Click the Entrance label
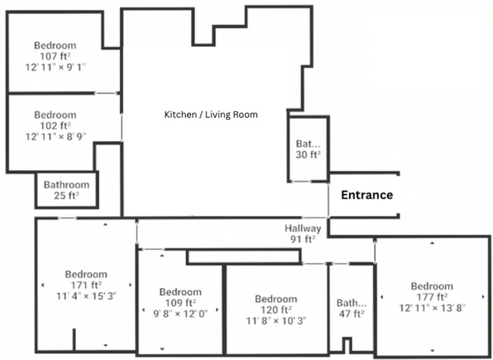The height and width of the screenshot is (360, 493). point(366,195)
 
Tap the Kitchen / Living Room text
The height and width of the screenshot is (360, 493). point(211,114)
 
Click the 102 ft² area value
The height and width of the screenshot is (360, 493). point(55,126)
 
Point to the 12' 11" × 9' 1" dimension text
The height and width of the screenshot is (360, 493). point(55,67)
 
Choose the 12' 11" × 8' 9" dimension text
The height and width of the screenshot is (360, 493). point(55,136)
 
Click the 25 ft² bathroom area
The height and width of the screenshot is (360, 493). point(66,195)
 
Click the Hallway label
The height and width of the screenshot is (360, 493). point(303,228)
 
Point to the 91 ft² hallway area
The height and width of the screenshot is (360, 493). point(303,239)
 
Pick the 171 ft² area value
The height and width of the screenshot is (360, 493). point(85,285)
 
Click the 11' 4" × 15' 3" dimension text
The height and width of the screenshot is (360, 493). point(85,296)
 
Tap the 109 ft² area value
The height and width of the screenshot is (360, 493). point(180,302)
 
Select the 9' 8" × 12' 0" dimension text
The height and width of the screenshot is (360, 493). point(180,312)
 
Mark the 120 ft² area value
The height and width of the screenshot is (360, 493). point(276,309)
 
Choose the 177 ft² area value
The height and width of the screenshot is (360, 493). point(432,296)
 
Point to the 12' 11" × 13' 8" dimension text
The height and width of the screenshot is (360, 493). point(432,307)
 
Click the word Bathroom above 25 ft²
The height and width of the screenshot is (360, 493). point(66,184)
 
